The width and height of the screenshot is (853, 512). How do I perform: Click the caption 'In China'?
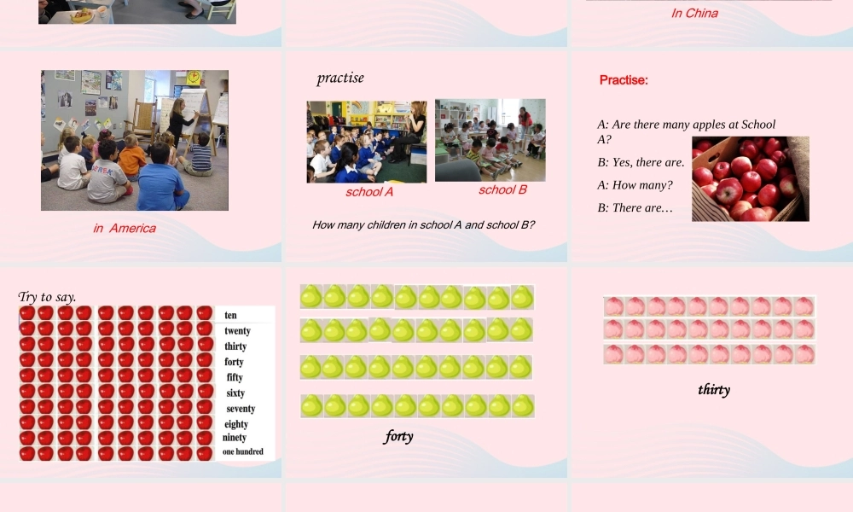coord(694,13)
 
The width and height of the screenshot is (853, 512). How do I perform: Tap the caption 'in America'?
coord(125,228)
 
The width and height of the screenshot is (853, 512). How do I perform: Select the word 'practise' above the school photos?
coord(340,78)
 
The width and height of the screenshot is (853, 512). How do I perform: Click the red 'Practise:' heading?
coord(624,80)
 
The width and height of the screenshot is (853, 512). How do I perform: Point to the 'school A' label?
coord(369,192)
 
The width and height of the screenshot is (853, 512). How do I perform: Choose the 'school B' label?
coord(502,189)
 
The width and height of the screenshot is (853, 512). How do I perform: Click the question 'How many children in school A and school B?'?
coord(423,225)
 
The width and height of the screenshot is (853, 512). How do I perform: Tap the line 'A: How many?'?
coord(635,185)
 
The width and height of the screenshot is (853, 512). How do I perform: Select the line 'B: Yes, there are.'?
coord(641,162)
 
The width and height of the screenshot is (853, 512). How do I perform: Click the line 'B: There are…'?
coord(635,208)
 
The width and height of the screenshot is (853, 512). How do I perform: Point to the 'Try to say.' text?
coord(47,297)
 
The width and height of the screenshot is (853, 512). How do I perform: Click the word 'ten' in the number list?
coord(230,315)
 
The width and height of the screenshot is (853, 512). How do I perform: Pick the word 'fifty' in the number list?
coord(235,377)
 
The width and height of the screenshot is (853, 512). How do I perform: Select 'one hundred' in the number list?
coord(243,451)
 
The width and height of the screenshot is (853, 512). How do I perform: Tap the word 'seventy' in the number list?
coord(241,409)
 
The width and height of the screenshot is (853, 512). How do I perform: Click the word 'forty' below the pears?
coord(398,436)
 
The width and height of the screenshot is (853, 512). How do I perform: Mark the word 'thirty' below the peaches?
coord(714,389)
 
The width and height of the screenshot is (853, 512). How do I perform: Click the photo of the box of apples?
coord(750,179)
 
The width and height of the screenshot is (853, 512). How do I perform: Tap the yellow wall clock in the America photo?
coord(194,78)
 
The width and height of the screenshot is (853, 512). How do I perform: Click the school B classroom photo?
coord(490,140)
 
